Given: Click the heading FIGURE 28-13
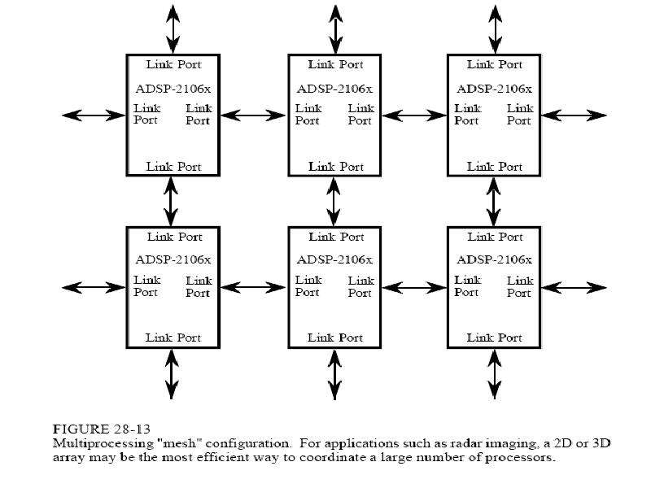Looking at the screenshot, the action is (x=102, y=429).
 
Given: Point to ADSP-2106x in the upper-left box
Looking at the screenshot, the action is (x=173, y=89).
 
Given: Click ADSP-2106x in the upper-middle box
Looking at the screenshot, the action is (x=334, y=89).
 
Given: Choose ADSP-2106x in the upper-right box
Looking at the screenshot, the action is (x=494, y=89).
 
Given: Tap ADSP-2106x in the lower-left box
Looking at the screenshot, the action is (x=173, y=259).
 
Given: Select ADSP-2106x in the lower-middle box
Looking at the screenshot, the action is (x=334, y=259).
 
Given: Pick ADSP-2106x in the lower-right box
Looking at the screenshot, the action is (x=494, y=259).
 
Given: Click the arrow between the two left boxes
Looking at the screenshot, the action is (x=171, y=202).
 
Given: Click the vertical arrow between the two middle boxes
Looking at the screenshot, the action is (x=334, y=202).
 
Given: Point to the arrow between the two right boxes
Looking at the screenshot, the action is (x=493, y=202).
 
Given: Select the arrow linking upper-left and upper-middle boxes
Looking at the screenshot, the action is (x=253, y=115).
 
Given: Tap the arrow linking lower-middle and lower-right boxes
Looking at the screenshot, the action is (x=414, y=287).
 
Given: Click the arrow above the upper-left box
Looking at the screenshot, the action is (x=173, y=29).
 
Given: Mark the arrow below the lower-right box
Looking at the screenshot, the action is (x=494, y=374).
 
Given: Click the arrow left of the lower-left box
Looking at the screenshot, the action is (x=94, y=287).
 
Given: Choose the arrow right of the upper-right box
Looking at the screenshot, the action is (x=575, y=115).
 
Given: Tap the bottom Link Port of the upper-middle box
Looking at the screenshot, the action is (x=336, y=167).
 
